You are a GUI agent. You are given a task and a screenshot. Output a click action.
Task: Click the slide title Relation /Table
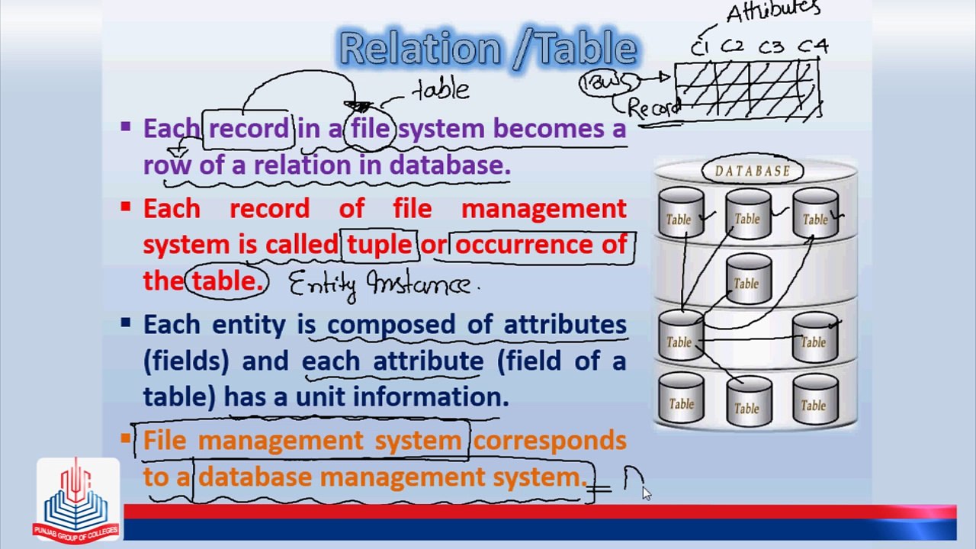pos(488,49)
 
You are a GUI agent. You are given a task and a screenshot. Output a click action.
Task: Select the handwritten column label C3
pos(771,47)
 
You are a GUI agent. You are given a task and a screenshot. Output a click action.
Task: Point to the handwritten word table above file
pos(441,90)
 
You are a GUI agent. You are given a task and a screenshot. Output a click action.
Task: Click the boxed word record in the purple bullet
pos(249,128)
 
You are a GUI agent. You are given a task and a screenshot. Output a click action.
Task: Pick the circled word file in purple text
pos(371,128)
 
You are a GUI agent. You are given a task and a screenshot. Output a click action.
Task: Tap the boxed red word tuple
pos(379,245)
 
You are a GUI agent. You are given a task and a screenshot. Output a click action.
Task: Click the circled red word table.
pos(226,281)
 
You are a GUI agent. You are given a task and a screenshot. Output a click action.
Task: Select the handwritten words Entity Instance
pos(381,284)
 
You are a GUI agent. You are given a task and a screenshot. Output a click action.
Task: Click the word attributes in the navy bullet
pos(565,324)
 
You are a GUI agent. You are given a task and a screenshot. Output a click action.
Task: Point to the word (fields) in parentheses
pos(185,361)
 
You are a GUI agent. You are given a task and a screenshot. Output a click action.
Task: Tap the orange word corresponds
pos(550,441)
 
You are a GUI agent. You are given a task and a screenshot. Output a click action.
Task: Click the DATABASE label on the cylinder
pos(752,171)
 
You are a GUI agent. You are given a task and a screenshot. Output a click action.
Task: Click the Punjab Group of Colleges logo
pos(77,499)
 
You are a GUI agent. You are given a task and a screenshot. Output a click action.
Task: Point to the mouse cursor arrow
pos(647,493)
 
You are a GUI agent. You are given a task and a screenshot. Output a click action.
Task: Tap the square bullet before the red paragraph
pos(126,206)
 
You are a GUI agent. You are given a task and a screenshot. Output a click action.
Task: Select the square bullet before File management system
pos(126,438)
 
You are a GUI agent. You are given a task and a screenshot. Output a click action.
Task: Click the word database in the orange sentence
pos(255,477)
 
